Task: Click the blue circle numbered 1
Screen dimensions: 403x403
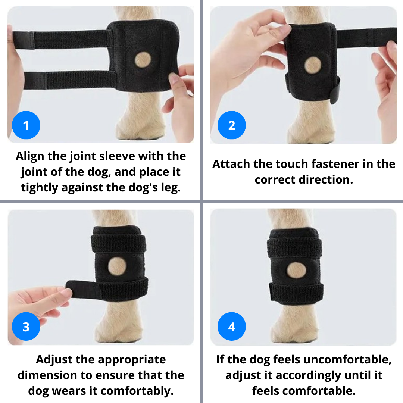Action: point(26,125)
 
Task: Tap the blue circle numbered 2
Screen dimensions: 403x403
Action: point(232,125)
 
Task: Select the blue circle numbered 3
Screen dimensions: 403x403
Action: point(26,327)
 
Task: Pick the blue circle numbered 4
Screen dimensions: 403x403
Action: point(232,327)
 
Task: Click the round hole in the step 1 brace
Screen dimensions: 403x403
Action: point(144,59)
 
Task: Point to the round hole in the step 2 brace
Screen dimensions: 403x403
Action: point(312,66)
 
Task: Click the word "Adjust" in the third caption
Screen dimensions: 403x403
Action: point(55,360)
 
